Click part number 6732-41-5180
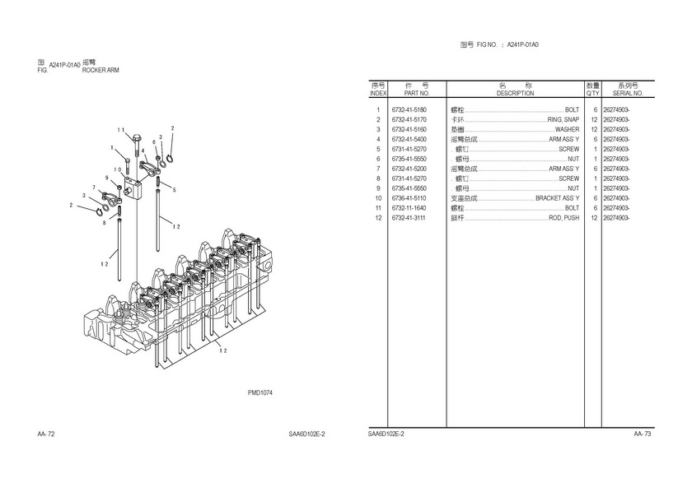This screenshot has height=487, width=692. point(409,110)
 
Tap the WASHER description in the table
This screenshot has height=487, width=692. point(567,130)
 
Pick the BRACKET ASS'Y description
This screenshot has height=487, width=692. point(558,198)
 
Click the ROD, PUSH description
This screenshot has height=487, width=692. point(563,218)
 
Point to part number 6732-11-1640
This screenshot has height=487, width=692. point(409,208)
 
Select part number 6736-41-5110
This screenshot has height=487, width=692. point(409,198)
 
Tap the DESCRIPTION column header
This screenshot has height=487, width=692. point(515,93)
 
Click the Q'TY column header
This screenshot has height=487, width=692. point(592,93)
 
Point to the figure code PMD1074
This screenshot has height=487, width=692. point(260,392)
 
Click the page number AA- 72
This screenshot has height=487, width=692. point(46,434)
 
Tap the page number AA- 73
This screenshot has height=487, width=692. point(643,434)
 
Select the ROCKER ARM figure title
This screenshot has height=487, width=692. point(101,71)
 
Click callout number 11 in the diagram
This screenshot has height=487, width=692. point(120,130)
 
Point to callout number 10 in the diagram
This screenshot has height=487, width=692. point(119,170)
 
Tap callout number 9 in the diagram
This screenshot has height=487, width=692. point(106,179)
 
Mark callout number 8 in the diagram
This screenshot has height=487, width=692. point(104,222)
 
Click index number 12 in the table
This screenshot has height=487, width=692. point(378,218)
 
